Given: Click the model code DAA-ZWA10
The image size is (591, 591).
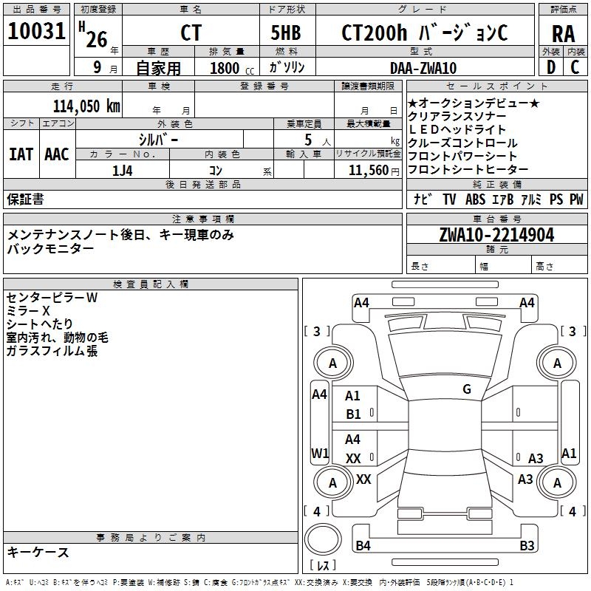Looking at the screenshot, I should tap(423, 68).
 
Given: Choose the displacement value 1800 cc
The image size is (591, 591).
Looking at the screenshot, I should tap(228, 69).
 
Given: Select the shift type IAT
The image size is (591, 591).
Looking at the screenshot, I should tap(21, 154).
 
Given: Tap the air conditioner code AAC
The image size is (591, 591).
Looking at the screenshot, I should tap(56, 154).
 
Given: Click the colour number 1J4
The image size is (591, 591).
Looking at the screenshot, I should tap(123, 171).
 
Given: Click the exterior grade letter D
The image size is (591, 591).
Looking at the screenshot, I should tap(550, 67).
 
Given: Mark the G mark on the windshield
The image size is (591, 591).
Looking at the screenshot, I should tap(467, 389).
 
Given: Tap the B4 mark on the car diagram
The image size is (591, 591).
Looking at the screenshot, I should tap(363, 546).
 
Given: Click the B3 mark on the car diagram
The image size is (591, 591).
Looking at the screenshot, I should tap(527, 546).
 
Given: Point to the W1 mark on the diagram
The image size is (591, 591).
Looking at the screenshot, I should tap(319, 452).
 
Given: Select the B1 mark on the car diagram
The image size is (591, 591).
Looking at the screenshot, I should tap(353, 414).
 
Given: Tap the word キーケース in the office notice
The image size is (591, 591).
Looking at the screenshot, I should tap(38, 552).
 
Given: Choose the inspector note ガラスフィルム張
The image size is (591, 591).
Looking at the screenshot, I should tap(52, 351).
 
